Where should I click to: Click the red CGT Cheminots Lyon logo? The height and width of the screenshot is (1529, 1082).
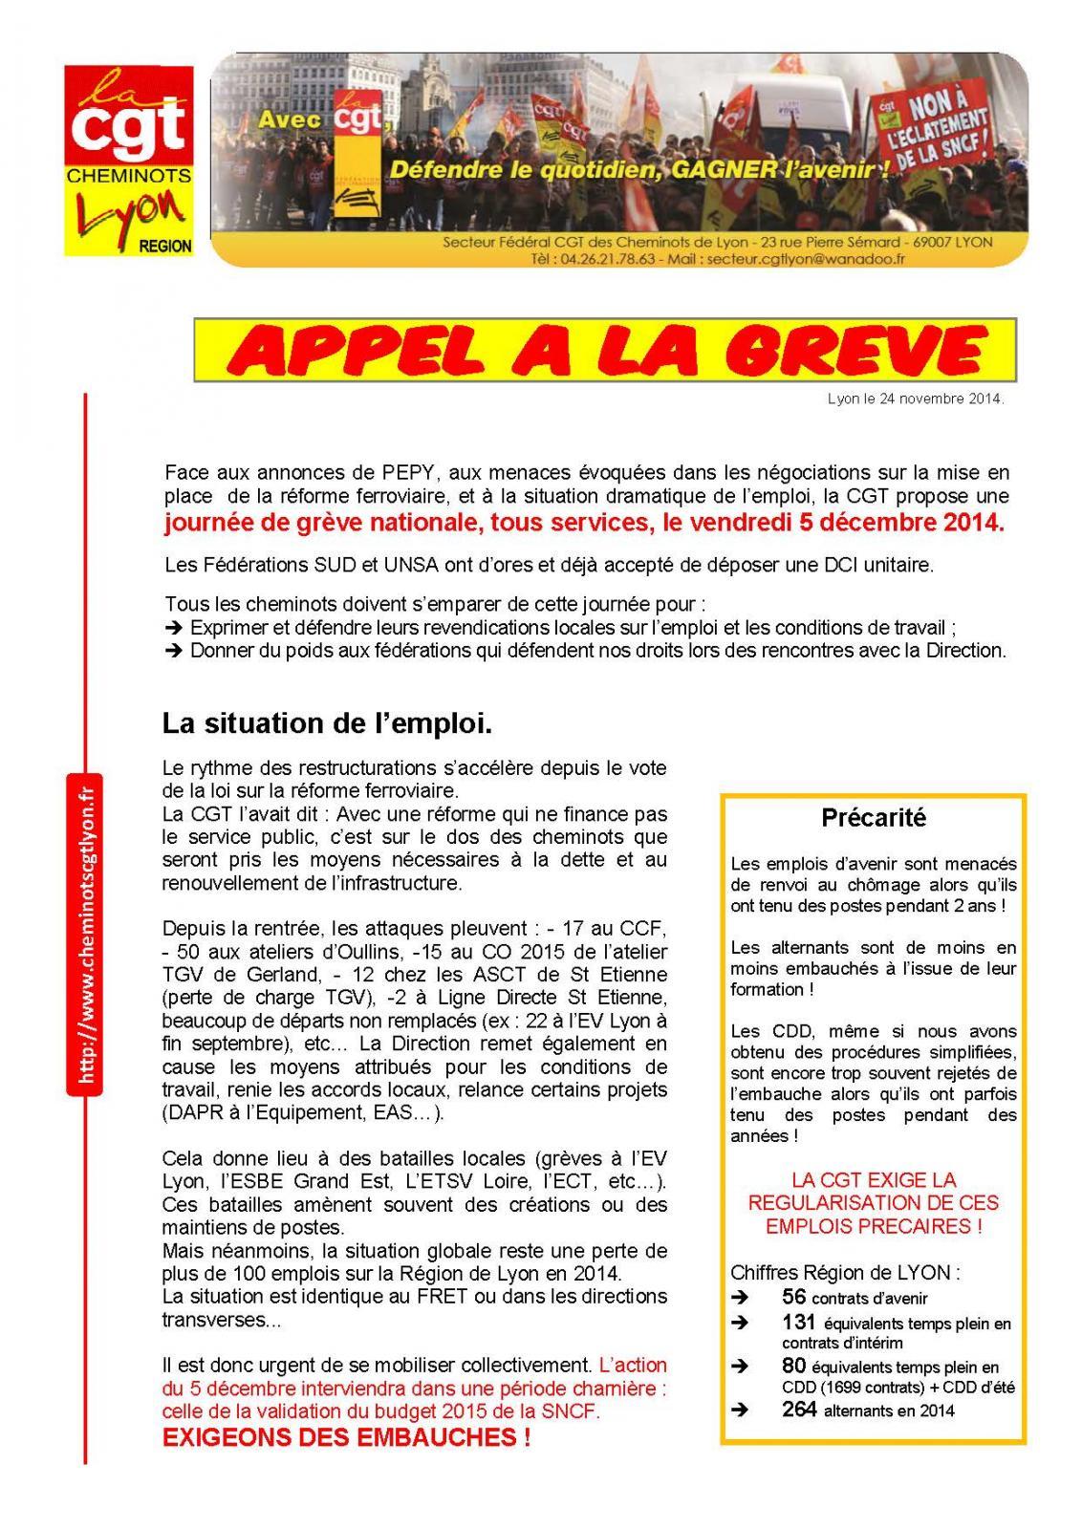click(x=128, y=159)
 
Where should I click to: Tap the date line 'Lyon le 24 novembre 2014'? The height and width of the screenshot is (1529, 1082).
click(x=915, y=399)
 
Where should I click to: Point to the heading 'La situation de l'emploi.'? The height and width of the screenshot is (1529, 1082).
click(x=327, y=724)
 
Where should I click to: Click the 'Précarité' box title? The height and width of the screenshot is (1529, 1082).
click(x=874, y=819)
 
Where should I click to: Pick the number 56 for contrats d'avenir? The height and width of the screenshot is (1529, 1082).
click(x=793, y=1297)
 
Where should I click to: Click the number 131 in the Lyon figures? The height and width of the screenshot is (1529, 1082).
click(x=798, y=1323)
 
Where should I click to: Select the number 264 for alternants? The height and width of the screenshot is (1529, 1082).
click(x=798, y=1410)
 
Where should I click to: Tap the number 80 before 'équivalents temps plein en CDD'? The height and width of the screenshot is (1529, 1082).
click(x=793, y=1366)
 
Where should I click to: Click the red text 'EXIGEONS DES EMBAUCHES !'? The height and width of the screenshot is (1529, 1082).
click(x=346, y=1438)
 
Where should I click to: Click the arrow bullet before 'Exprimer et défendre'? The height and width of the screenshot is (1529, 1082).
click(x=174, y=628)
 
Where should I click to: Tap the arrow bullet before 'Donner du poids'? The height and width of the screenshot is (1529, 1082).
click(x=174, y=651)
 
